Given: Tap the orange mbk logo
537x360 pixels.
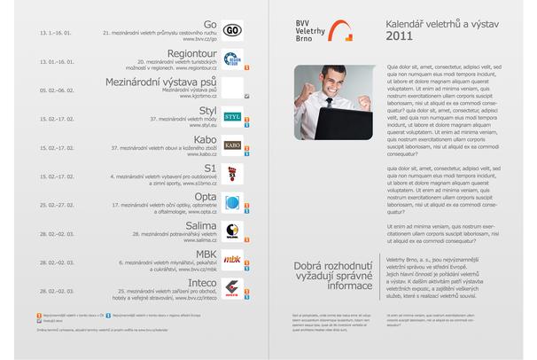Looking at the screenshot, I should pyautogui.click(x=232, y=260).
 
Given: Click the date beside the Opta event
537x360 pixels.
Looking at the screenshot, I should pyautogui.click(x=56, y=204).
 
